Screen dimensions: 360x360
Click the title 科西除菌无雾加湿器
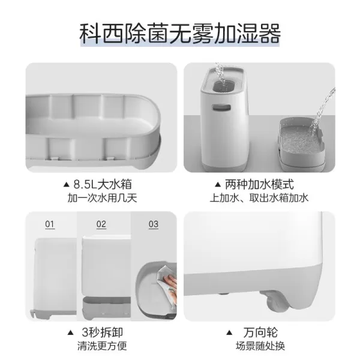point(180,34)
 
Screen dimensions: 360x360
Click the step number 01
point(50,224)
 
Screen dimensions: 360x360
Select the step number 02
point(101,224)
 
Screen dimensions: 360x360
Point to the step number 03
point(153,224)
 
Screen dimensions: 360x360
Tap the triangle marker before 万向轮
point(230,332)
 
